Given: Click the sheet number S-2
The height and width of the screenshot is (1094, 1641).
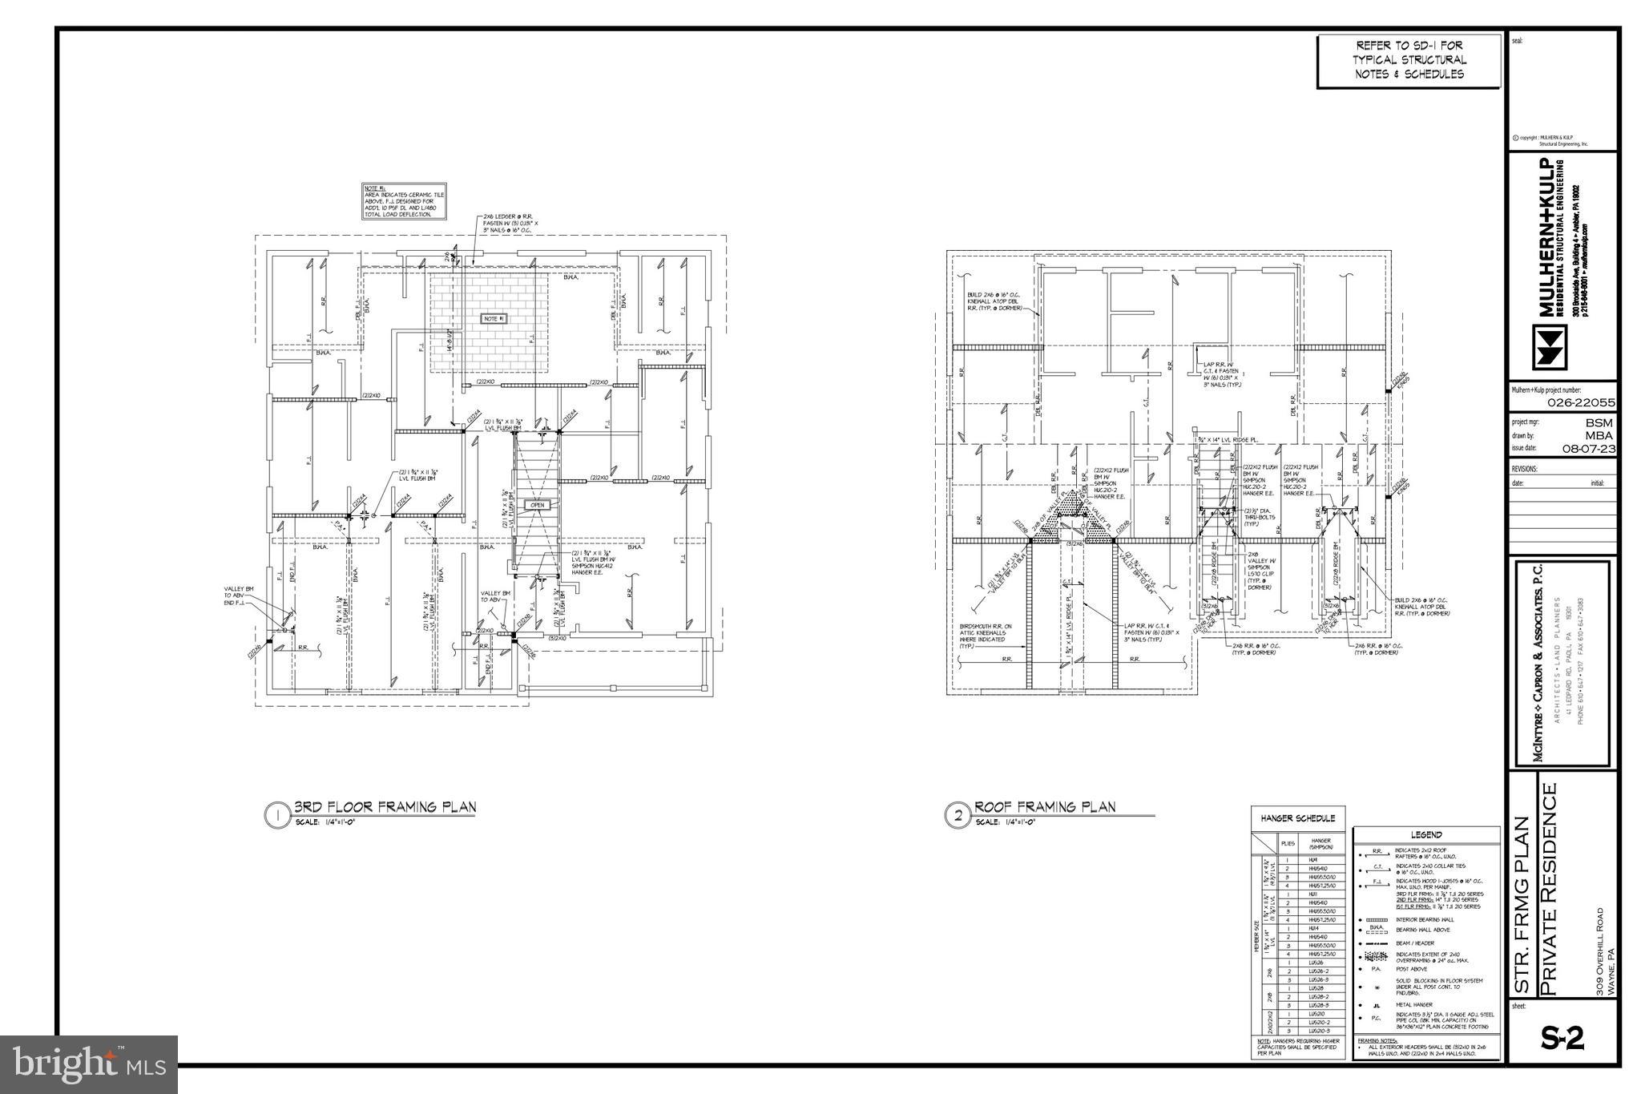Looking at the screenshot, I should pyautogui.click(x=1562, y=1039).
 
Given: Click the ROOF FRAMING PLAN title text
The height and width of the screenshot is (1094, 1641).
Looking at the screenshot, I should pyautogui.click(x=1045, y=806).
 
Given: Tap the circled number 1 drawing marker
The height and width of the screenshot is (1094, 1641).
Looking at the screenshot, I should pyautogui.click(x=276, y=816).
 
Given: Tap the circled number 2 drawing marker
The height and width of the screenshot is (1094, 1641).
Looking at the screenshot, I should pyautogui.click(x=958, y=816).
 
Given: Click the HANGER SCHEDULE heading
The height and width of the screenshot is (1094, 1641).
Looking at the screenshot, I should pyautogui.click(x=1298, y=818).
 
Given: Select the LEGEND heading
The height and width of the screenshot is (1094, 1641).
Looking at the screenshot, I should pyautogui.click(x=1426, y=834).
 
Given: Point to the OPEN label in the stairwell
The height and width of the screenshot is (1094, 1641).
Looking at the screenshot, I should pyautogui.click(x=537, y=505).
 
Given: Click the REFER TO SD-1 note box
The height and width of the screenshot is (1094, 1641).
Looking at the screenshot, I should pyautogui.click(x=1409, y=60).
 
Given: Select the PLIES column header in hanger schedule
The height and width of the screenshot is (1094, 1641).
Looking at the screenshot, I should pyautogui.click(x=1288, y=843).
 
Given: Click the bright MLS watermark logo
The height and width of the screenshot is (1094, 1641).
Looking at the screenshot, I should pyautogui.click(x=89, y=1064).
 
